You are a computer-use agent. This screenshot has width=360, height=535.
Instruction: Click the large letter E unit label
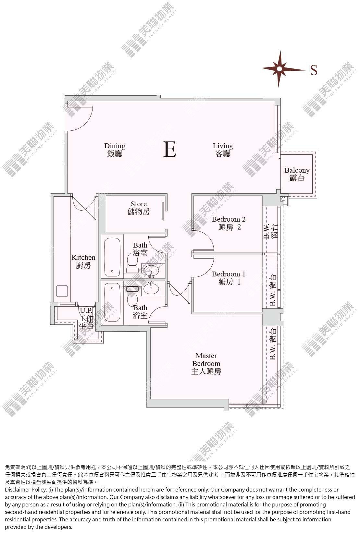pyautogui.click(x=170, y=149)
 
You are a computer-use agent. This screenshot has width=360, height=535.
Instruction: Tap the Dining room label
pyautogui.click(x=115, y=150)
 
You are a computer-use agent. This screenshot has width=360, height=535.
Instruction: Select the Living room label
pyautogui.click(x=223, y=150)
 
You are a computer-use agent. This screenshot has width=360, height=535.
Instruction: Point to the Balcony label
pyautogui.click(x=297, y=174)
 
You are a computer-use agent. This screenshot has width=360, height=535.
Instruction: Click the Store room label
pyautogui.click(x=139, y=208)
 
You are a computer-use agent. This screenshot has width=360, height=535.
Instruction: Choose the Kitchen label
pyautogui.click(x=83, y=261)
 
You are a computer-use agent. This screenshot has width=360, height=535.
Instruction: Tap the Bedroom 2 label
pyautogui.click(x=229, y=223)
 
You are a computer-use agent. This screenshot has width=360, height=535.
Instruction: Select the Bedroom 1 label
pyautogui.click(x=229, y=278)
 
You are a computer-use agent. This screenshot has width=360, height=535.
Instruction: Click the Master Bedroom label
pyautogui.click(x=206, y=364)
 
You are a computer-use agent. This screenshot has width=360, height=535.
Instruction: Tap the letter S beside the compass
pyautogui.click(x=314, y=70)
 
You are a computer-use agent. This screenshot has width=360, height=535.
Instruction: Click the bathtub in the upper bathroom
pyautogui.click(x=112, y=256)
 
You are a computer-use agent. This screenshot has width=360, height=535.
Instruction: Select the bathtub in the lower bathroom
pyautogui.click(x=112, y=302)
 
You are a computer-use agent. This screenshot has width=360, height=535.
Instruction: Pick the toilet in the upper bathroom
pyautogui.click(x=132, y=263)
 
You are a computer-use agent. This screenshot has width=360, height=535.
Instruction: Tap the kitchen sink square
pyautogui.click(x=62, y=291)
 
